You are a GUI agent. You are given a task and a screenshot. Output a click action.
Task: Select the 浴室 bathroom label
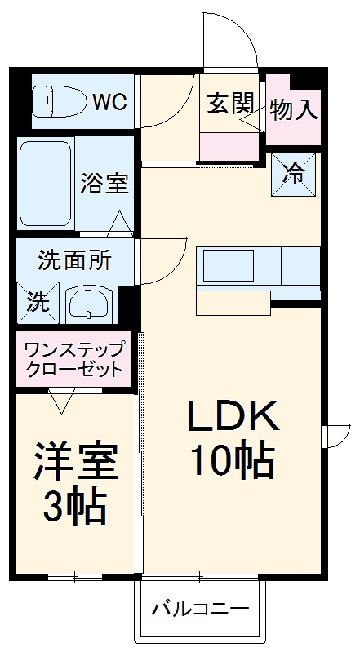pyautogui.click(x=104, y=183)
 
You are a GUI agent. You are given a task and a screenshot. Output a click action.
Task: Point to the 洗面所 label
pyautogui.click(x=74, y=262)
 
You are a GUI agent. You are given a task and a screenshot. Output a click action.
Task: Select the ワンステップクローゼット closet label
pyautogui.click(x=74, y=358)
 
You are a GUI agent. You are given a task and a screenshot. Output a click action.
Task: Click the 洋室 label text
pyautogui.click(x=76, y=463)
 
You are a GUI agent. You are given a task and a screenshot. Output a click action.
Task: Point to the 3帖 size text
pyautogui.click(x=75, y=507)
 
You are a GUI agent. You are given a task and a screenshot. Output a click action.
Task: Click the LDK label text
pyautogui.click(x=234, y=419)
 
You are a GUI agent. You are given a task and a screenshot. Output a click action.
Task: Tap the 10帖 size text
pyautogui.click(x=233, y=462)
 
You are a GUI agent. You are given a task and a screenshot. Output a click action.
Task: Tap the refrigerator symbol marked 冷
pyautogui.click(x=291, y=173)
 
